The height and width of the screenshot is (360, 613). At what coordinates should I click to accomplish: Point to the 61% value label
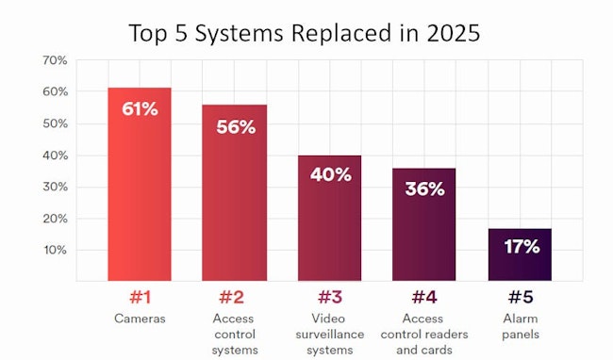click(140, 108)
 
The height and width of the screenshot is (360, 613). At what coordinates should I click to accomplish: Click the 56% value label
click(234, 126)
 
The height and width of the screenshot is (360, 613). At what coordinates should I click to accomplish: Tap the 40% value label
click(330, 174)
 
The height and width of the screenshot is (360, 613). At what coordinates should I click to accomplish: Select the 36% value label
click(424, 188)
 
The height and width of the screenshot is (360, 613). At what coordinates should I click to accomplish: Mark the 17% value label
click(520, 247)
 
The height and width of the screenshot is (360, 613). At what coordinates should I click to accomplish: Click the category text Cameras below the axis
click(140, 319)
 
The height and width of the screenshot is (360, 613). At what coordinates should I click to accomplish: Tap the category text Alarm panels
click(520, 326)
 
